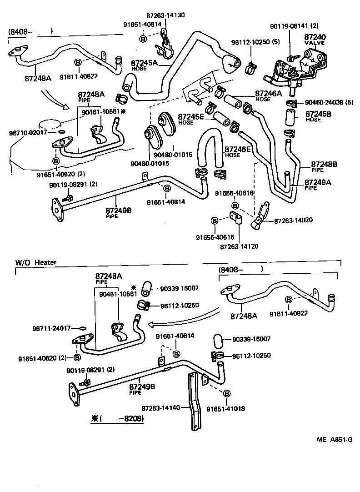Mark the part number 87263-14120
pyautogui.click(x=239, y=246)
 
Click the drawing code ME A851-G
pyautogui.click(x=335, y=440)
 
